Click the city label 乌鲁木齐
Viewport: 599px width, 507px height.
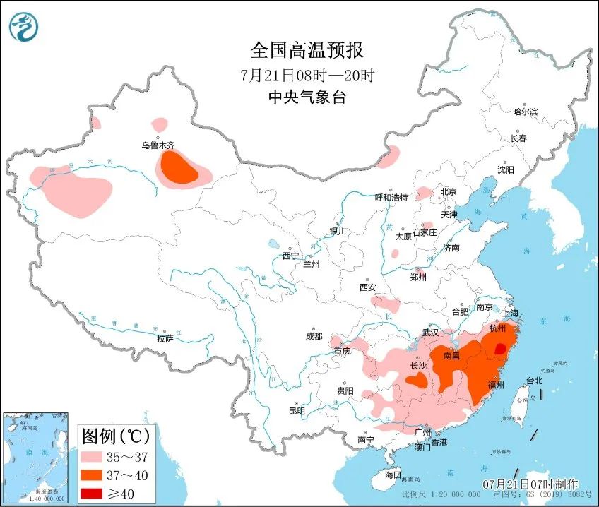click(158, 145)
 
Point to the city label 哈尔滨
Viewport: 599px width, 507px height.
click(525, 112)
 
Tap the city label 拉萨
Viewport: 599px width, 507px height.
click(165, 338)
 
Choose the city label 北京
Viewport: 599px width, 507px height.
click(449, 191)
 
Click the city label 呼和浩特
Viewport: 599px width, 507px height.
click(391, 197)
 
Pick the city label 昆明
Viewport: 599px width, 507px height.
click(297, 410)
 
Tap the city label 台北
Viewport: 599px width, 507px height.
click(533, 381)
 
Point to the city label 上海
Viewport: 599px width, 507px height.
click(510, 312)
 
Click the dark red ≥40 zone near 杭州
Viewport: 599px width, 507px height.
click(500, 348)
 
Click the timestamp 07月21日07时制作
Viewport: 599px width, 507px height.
click(530, 484)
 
